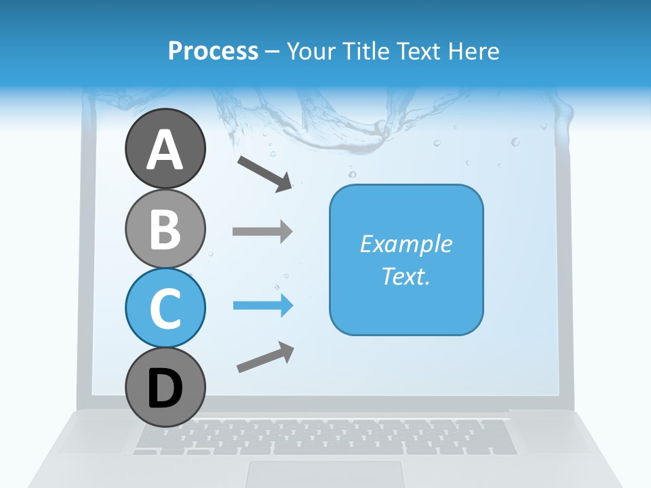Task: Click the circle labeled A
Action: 165,148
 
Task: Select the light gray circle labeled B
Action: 165,228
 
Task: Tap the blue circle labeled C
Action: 165,308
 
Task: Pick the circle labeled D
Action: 165,388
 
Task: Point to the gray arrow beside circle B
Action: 262,231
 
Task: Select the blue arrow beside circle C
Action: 262,306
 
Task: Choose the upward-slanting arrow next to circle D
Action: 265,357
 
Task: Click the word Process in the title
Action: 213,51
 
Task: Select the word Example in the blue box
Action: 406,244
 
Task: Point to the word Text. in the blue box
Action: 406,276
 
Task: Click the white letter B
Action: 165,229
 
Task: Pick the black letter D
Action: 165,389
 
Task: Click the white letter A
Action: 165,150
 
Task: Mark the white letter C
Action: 165,308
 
